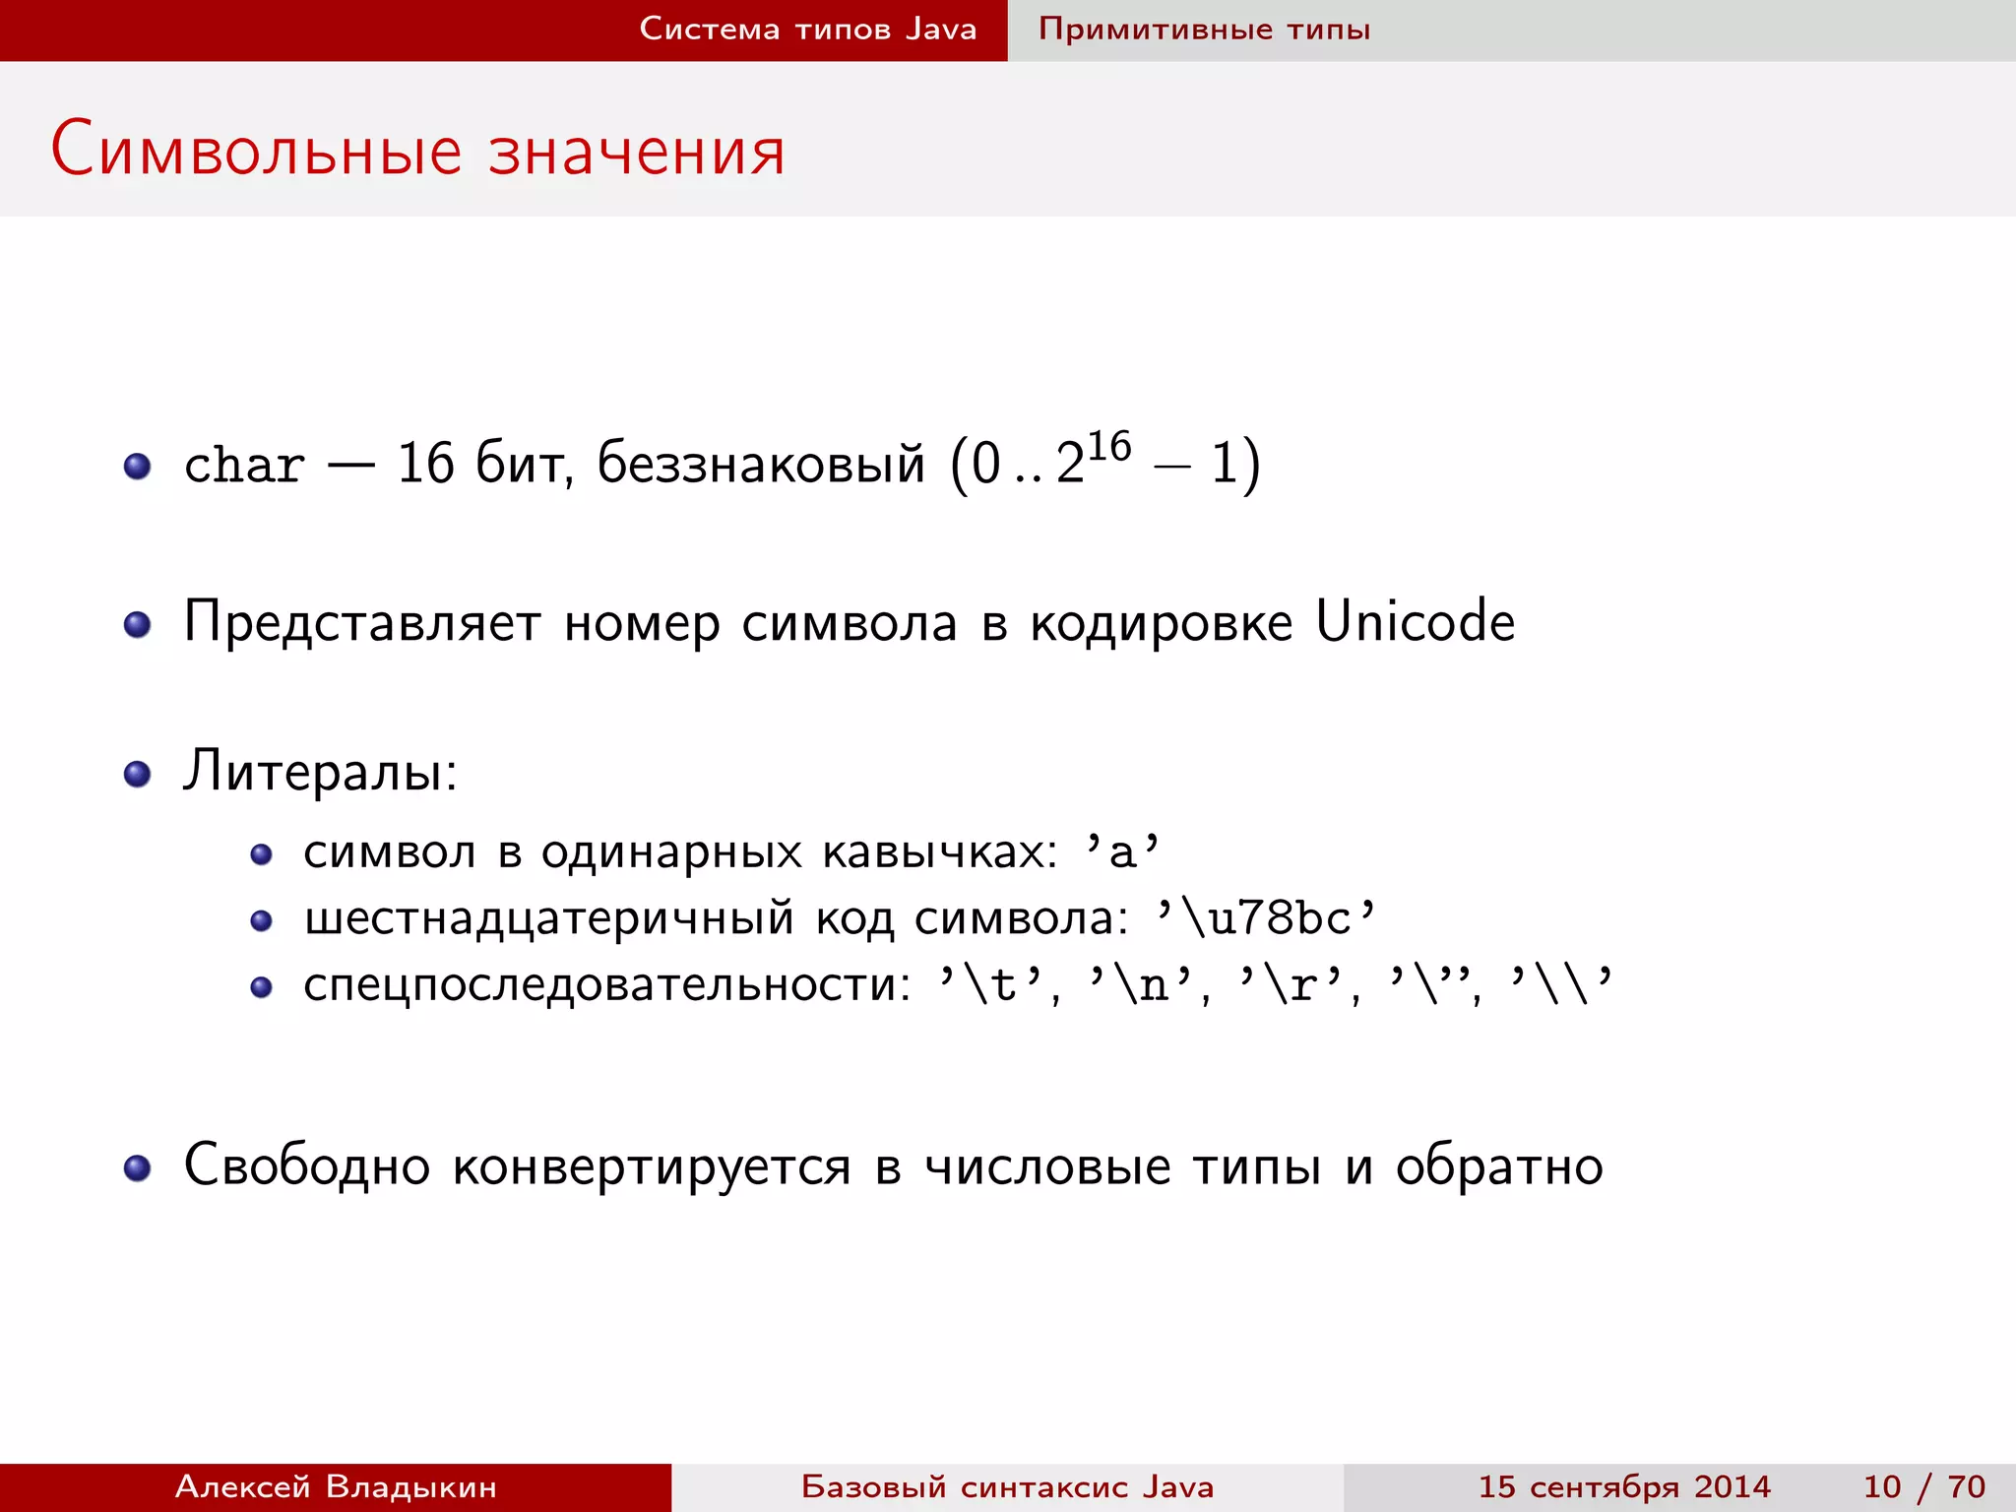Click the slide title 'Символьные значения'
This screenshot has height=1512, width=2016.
tap(417, 151)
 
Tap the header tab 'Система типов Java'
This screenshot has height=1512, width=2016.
tap(807, 29)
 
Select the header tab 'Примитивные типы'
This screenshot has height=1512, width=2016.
tap(1204, 29)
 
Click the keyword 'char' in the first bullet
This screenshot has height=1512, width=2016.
tap(244, 465)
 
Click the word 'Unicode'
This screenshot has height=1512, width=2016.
tap(1415, 622)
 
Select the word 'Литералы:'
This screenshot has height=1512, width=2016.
tap(321, 771)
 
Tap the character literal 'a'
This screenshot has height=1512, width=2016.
tap(1122, 850)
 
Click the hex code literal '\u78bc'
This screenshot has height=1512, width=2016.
tap(1266, 917)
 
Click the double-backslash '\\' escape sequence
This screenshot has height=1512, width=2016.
tap(1561, 984)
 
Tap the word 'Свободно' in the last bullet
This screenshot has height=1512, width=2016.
tap(307, 1166)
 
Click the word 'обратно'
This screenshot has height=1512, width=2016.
tap(1499, 1166)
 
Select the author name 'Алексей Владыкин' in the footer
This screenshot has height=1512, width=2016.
tap(336, 1486)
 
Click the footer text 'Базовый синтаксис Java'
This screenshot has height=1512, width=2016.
tap(1007, 1486)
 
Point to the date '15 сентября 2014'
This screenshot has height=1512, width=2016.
tap(1624, 1486)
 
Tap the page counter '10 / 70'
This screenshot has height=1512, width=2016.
tap(1923, 1486)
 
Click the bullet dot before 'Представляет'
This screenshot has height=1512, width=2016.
tap(138, 624)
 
